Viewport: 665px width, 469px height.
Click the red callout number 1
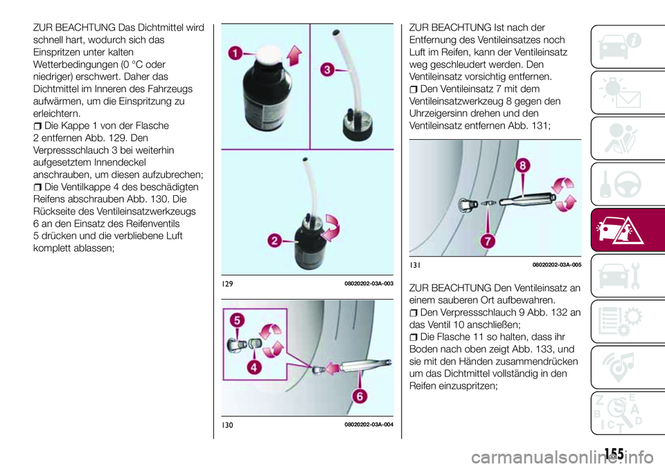[237, 52]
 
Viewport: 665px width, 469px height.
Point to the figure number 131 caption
[414, 265]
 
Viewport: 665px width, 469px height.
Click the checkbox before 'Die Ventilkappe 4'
[37, 187]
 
